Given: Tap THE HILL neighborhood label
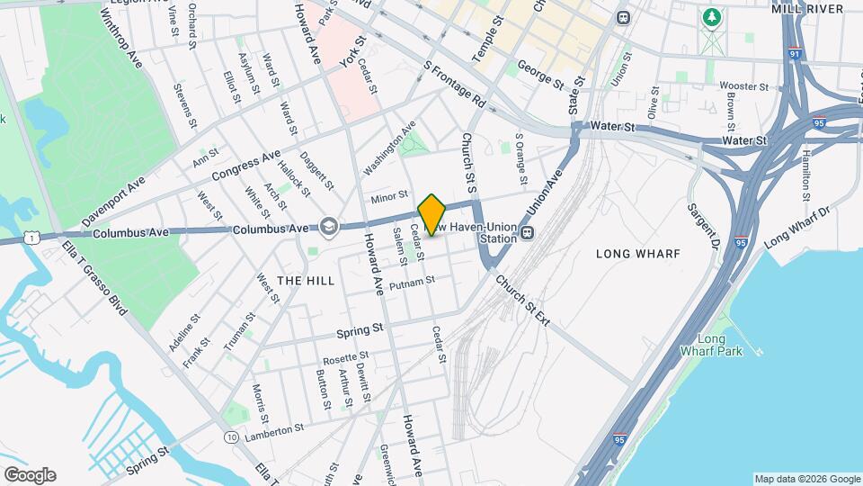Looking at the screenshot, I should pyautogui.click(x=306, y=281).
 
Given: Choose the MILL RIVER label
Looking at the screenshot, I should pyautogui.click(x=807, y=8).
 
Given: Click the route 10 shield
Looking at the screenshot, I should pyautogui.click(x=232, y=436).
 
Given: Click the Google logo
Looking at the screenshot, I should pyautogui.click(x=30, y=475).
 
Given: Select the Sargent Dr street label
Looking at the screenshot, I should pyautogui.click(x=704, y=225).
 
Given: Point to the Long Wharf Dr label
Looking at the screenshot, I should pyautogui.click(x=798, y=228).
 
